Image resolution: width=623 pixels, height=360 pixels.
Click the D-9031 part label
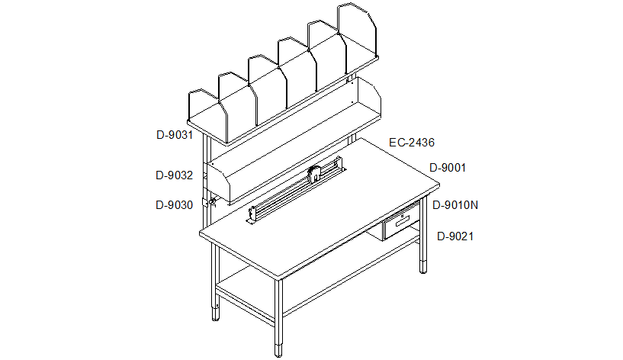tap(175, 135)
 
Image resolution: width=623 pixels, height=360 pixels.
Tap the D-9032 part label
tap(174, 175)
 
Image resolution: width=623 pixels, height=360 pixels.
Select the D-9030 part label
tap(174, 205)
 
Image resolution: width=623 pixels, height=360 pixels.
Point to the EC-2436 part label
tap(412, 143)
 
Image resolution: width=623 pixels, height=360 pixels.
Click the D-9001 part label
tap(448, 168)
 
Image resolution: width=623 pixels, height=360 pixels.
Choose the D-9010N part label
tap(455, 205)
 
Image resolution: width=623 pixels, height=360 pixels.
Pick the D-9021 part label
tap(455, 236)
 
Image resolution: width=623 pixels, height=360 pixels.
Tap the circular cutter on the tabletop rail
tap(314, 174)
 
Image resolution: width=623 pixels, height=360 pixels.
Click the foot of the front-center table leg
tap(279, 349)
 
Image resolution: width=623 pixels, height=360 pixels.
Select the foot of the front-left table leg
tap(215, 313)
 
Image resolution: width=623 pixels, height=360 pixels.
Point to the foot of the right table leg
tap(423, 266)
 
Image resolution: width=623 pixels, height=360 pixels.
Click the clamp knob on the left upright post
tap(212, 203)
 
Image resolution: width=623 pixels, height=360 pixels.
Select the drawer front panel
tap(401, 224)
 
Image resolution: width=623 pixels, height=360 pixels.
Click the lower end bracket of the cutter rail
tap(252, 215)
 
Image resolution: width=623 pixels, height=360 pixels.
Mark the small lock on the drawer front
tap(403, 216)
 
